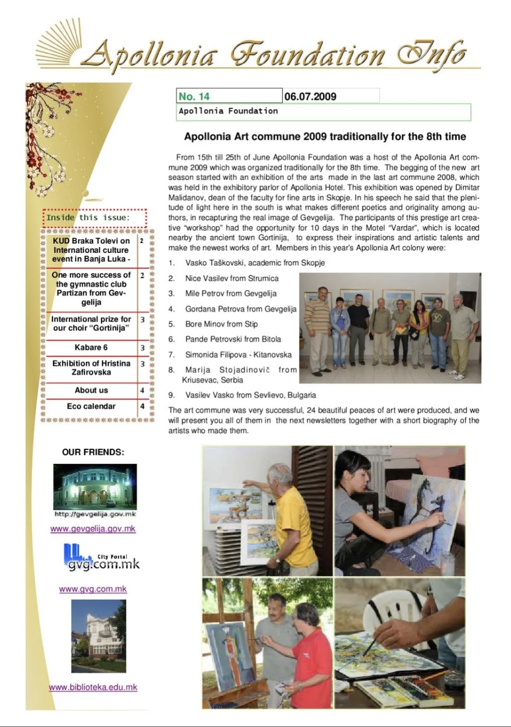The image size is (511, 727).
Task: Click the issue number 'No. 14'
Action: (194, 96)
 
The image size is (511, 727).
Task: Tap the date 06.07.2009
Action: (310, 96)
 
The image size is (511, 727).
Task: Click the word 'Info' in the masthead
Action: (432, 54)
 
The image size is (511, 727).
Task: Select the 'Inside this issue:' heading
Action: (88, 218)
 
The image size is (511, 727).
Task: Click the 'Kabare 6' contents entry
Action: (91, 347)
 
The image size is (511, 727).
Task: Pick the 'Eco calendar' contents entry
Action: (91, 406)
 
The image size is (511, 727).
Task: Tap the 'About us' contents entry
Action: (91, 390)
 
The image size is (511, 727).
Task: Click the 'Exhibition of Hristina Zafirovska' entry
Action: (91, 368)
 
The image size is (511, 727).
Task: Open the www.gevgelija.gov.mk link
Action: (93, 528)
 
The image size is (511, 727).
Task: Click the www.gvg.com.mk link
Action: (93, 589)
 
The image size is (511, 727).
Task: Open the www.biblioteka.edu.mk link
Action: (93, 687)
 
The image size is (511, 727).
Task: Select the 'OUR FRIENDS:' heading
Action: (93, 452)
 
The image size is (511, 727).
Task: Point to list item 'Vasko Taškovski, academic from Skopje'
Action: (255, 263)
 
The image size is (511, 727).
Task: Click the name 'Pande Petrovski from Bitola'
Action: (233, 339)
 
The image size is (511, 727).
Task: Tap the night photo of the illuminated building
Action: (95, 487)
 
